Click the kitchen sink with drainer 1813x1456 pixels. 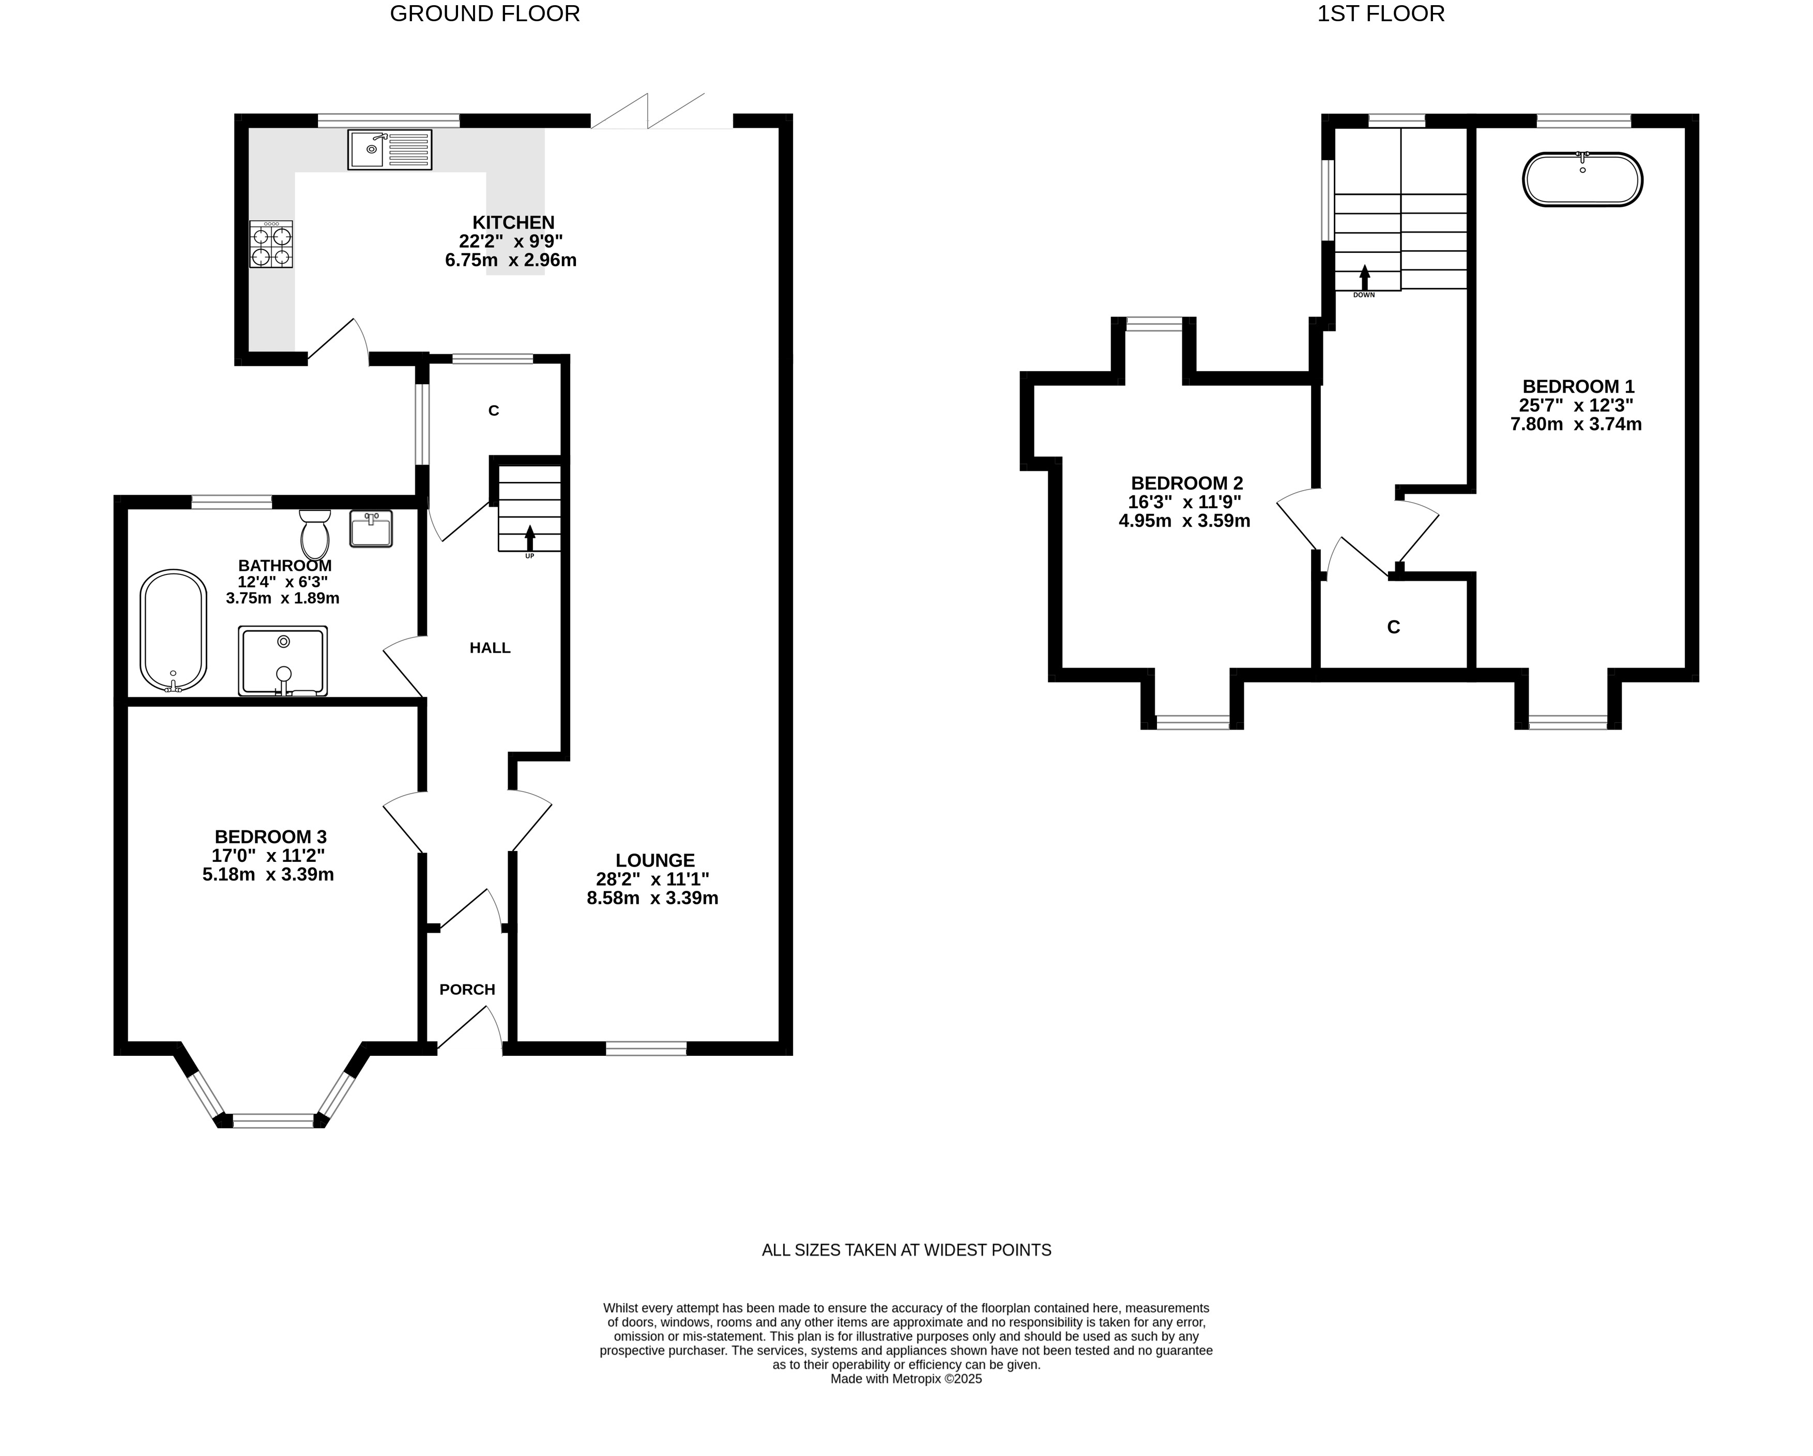tap(389, 150)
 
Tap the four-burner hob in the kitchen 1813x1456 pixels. tap(271, 245)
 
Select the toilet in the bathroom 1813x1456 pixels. tap(314, 534)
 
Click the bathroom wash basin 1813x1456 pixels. tap(371, 529)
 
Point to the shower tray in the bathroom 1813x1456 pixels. tap(283, 661)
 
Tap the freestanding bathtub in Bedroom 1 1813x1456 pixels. tap(1582, 179)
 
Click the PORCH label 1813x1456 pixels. tap(467, 989)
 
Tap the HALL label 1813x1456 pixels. tap(490, 648)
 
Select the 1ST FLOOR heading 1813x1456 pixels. tap(1381, 13)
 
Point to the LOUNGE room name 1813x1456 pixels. tap(655, 860)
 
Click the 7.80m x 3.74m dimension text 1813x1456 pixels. tap(1576, 424)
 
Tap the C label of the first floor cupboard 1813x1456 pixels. tap(1393, 627)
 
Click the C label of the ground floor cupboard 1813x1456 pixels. tap(494, 411)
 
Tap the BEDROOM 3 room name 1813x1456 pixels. tap(270, 837)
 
